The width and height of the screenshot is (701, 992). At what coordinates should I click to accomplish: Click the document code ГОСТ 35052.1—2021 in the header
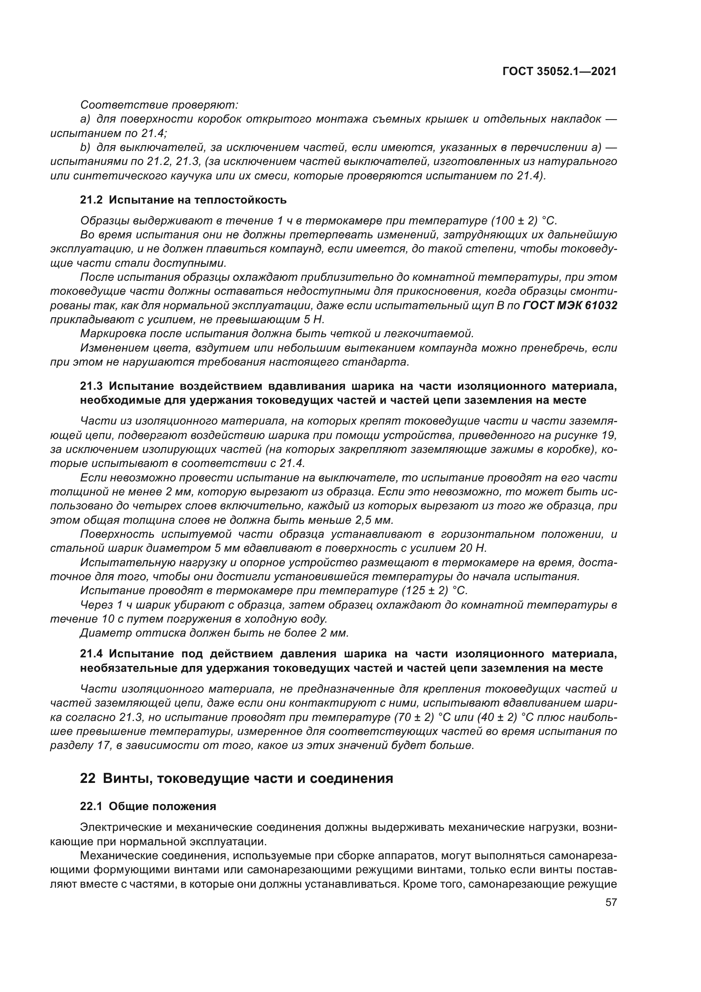[x=559, y=72]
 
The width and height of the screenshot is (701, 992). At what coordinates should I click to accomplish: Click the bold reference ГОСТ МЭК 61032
[x=570, y=305]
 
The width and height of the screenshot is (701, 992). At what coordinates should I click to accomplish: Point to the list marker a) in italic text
[x=86, y=119]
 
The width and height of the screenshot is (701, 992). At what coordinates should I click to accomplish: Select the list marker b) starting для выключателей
[x=86, y=147]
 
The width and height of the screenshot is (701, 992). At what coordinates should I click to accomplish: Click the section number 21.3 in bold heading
[x=92, y=386]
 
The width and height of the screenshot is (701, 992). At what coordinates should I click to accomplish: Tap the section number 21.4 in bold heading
[x=92, y=654]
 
